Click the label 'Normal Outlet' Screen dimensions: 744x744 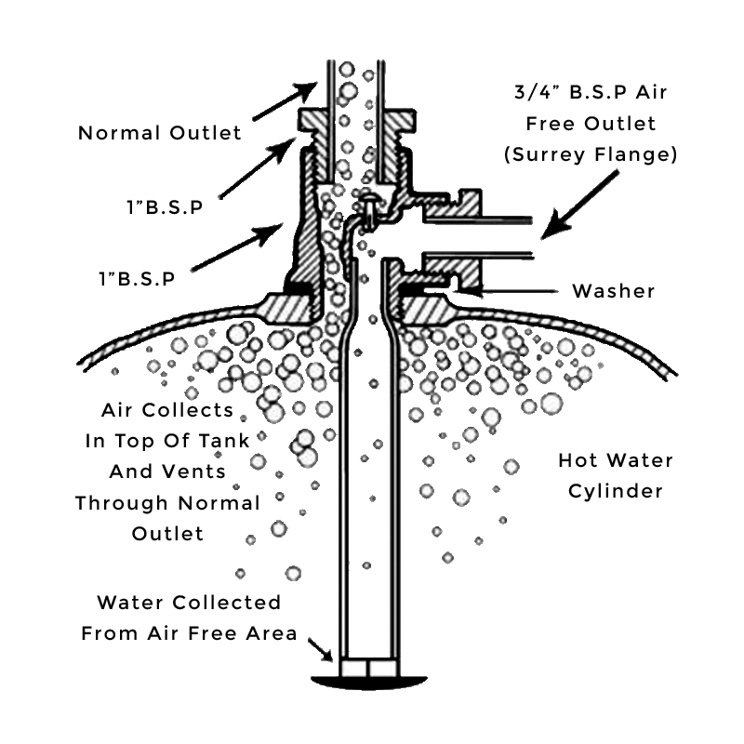click(x=159, y=133)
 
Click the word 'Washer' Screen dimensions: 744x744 click(x=613, y=291)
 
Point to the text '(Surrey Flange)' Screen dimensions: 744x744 click(x=590, y=155)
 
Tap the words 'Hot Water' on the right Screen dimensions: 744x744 click(x=616, y=460)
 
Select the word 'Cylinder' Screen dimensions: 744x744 click(x=616, y=492)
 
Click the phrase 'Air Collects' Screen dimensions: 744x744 click(x=167, y=410)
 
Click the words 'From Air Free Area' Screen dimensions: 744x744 click(x=190, y=634)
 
